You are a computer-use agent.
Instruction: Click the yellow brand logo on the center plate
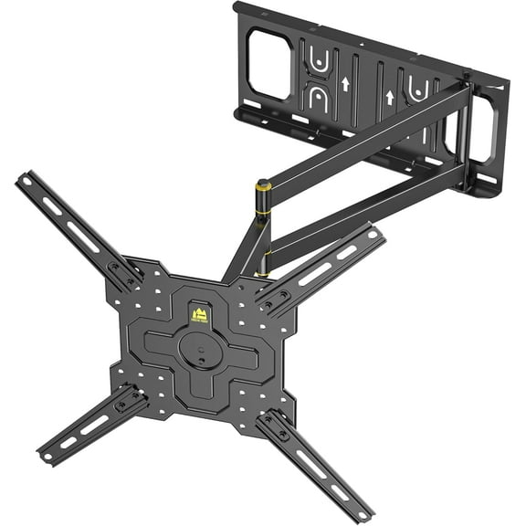pos(199,315)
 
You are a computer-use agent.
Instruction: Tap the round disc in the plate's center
pos(195,347)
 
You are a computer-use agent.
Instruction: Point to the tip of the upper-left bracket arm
pos(22,177)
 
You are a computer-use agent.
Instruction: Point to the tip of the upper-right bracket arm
pos(378,235)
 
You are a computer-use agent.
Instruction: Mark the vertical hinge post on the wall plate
pos(465,137)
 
